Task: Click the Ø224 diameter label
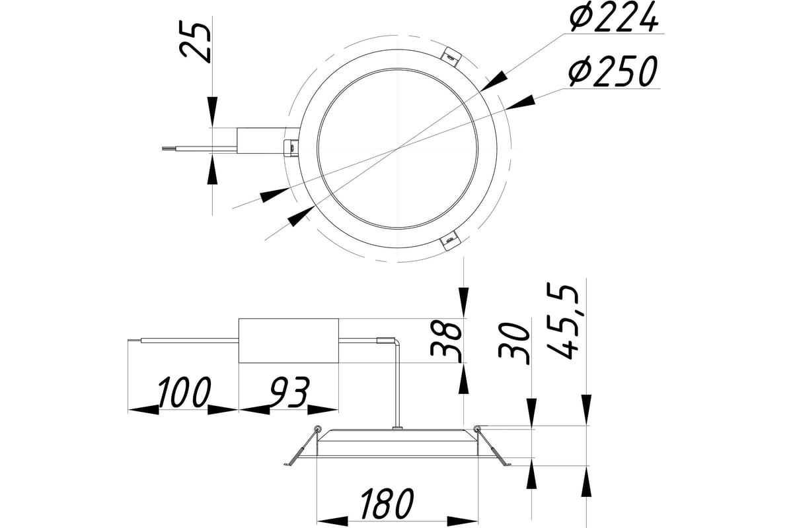(x=613, y=18)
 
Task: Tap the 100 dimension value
(x=183, y=393)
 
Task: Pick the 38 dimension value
(x=447, y=339)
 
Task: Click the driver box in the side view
(x=289, y=341)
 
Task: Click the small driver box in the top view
(x=261, y=139)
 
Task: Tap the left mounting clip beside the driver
(x=289, y=147)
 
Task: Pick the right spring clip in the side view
(x=492, y=447)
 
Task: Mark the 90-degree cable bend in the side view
(x=397, y=343)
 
